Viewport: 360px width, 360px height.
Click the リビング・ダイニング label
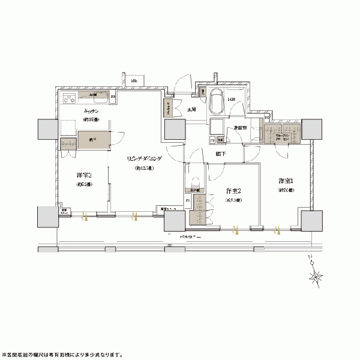tap(144, 159)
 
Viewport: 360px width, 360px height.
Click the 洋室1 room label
tap(285, 180)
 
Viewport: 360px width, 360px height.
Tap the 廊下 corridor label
tap(221, 154)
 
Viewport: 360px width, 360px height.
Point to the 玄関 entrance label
tap(191, 110)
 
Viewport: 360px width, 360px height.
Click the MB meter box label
tap(136, 80)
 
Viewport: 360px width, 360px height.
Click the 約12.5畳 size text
tap(144, 168)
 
